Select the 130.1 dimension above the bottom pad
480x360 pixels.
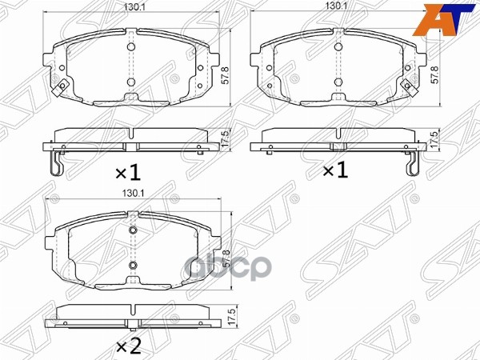(133, 193)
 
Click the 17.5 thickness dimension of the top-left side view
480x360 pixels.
(226, 137)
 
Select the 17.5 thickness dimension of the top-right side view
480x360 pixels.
(434, 137)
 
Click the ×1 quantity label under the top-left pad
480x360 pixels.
(126, 171)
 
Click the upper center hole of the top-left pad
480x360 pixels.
(131, 46)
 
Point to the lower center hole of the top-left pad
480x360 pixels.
(131, 82)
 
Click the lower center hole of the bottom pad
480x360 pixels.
(133, 265)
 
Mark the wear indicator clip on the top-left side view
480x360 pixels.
(54, 165)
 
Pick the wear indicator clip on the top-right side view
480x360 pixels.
(412, 165)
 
